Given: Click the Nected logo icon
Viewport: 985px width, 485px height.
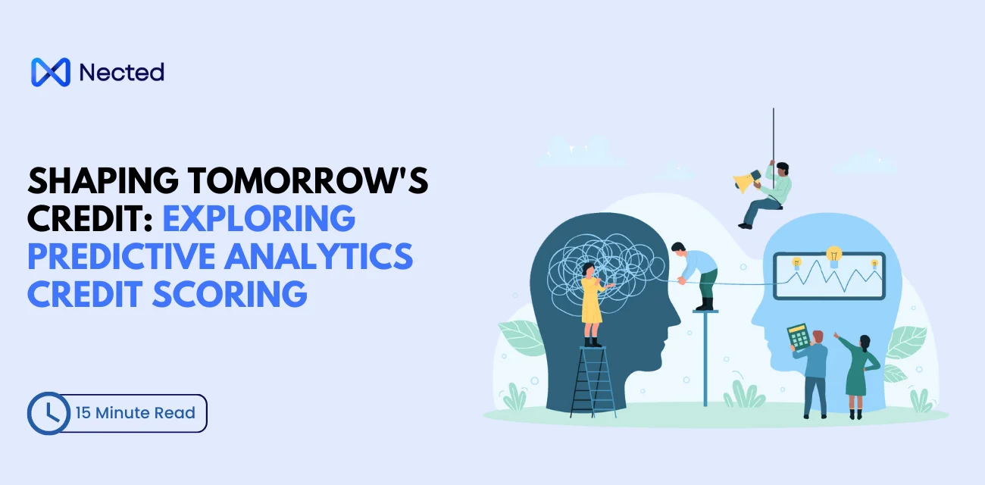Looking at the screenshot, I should point(51,72).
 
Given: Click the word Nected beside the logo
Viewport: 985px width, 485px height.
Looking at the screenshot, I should point(121,72).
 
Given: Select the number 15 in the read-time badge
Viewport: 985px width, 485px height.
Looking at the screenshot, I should point(83,413).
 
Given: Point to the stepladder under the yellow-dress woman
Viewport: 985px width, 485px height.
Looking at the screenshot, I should point(593,383).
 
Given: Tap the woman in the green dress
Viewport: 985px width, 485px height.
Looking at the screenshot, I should point(856,371).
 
